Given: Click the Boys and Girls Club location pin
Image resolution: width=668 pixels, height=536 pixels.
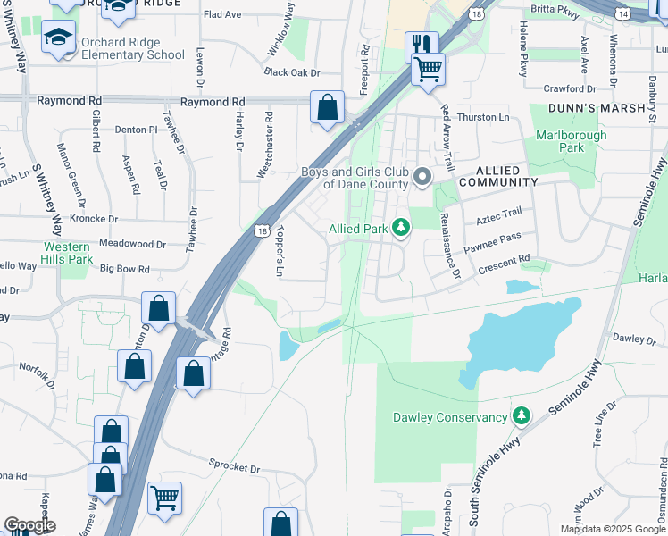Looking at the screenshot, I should (x=422, y=179).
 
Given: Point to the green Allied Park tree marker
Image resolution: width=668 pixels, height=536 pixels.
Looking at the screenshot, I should (x=402, y=229).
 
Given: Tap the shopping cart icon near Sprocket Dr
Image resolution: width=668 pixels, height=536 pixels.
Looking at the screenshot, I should (x=164, y=497).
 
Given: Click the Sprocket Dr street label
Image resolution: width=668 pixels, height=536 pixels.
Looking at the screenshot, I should (x=234, y=467).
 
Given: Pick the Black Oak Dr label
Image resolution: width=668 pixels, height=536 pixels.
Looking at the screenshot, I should (x=291, y=72).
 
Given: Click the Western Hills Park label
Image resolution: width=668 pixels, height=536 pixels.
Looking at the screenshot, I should (x=68, y=253).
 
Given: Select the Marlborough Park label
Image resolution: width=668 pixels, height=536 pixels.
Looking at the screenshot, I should (x=571, y=141).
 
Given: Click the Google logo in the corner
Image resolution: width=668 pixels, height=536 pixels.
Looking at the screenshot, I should (x=29, y=525).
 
